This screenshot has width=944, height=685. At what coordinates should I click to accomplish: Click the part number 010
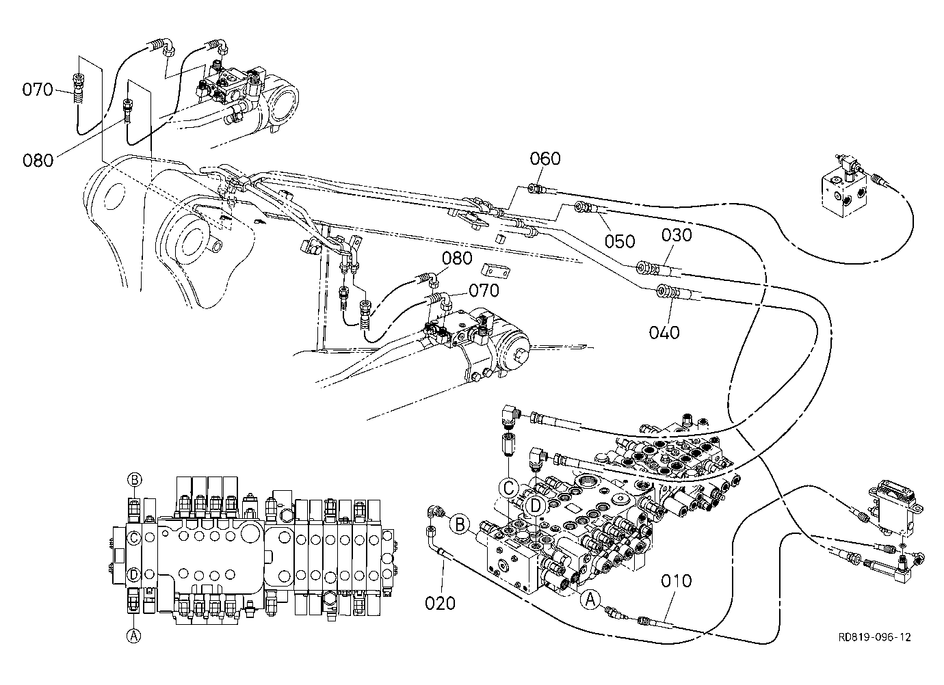676,581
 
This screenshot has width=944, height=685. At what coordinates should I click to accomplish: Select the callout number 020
440,604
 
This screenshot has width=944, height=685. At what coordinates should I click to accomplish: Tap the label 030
677,235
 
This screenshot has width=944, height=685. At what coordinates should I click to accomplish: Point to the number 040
664,333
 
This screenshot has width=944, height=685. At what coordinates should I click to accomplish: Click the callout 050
620,241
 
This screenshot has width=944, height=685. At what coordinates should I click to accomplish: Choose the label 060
545,159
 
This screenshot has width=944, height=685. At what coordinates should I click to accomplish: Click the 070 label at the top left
38,90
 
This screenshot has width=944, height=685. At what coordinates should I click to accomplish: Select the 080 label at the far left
38,161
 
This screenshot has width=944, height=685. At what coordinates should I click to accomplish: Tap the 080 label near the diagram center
457,258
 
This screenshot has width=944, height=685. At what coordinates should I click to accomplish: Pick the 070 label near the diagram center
484,291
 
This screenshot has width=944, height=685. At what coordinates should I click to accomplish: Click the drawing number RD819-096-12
874,637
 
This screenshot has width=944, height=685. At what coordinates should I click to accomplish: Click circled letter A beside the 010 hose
590,599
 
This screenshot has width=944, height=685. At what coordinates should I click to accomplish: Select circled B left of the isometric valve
460,525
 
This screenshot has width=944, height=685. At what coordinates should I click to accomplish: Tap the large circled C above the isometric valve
509,489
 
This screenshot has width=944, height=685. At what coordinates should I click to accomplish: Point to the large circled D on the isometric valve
535,505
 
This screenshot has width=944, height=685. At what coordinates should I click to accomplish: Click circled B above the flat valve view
135,479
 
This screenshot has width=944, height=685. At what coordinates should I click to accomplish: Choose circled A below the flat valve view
133,635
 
